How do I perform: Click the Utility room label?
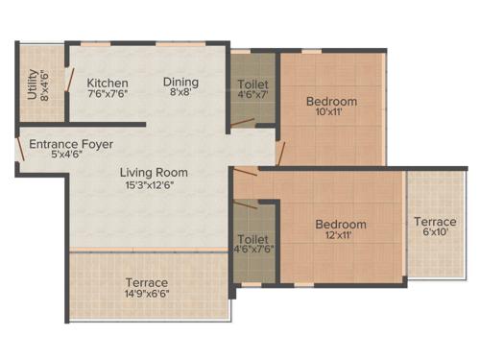33,81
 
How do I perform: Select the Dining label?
180,82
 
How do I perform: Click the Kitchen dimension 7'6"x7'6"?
107,94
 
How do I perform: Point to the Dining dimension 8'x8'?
180,94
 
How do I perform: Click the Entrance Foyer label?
70,144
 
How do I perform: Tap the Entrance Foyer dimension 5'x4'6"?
70,156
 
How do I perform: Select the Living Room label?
154,173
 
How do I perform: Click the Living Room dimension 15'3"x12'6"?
154,185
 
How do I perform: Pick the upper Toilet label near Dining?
252,82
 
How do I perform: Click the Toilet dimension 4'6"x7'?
252,94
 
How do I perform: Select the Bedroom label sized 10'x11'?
331,102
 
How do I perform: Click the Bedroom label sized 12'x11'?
341,225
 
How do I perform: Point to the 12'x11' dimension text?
341,238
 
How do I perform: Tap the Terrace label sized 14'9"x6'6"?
146,282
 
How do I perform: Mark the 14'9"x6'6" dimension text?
146,295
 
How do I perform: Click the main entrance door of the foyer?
19,149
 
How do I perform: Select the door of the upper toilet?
243,122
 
